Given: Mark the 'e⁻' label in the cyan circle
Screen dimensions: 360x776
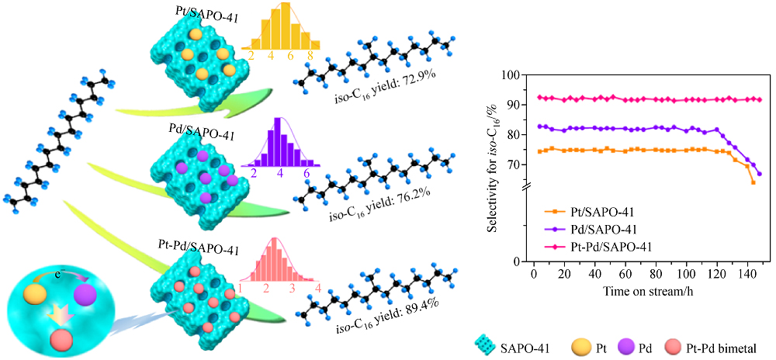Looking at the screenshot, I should click(68, 275).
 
